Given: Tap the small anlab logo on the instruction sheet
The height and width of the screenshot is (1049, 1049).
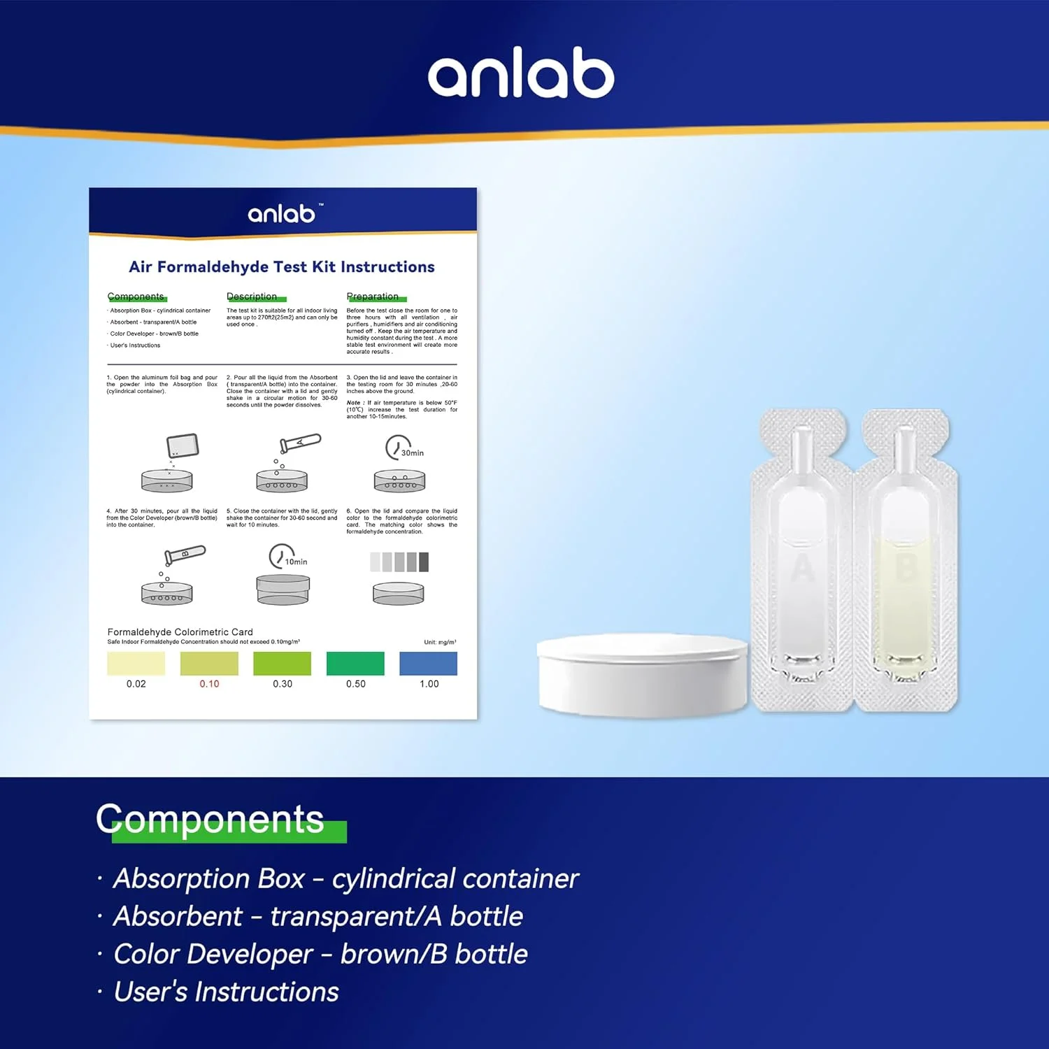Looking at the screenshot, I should (x=283, y=213).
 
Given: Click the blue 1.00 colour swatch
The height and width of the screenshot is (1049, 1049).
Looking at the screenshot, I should (x=428, y=663).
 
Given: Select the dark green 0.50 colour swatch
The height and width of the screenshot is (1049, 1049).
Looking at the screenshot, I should (x=355, y=663).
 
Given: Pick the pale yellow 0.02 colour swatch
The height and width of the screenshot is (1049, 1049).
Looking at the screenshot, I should (x=136, y=663).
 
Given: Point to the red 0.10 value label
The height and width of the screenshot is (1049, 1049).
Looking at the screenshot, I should (x=209, y=684).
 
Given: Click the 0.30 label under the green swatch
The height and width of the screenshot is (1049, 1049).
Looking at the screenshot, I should (x=283, y=684).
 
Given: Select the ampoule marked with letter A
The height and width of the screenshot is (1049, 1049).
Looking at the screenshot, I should (x=802, y=559).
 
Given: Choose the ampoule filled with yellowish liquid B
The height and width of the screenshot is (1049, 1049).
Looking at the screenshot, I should (x=906, y=559).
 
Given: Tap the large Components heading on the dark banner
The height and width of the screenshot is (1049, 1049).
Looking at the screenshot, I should (x=210, y=819).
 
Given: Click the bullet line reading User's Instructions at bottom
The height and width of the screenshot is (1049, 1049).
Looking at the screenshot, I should (x=226, y=992).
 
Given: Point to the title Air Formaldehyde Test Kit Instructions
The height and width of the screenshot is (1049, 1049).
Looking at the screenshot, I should (x=282, y=267).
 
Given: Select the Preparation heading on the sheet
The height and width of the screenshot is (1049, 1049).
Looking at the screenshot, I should (x=373, y=297).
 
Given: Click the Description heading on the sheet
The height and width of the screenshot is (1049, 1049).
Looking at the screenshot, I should (x=252, y=297).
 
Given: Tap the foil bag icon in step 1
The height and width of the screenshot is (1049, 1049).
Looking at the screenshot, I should (x=183, y=445).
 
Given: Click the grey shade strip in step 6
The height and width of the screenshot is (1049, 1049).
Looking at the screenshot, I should (x=399, y=562).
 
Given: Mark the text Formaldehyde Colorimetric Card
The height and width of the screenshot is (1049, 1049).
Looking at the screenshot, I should (x=180, y=631).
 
